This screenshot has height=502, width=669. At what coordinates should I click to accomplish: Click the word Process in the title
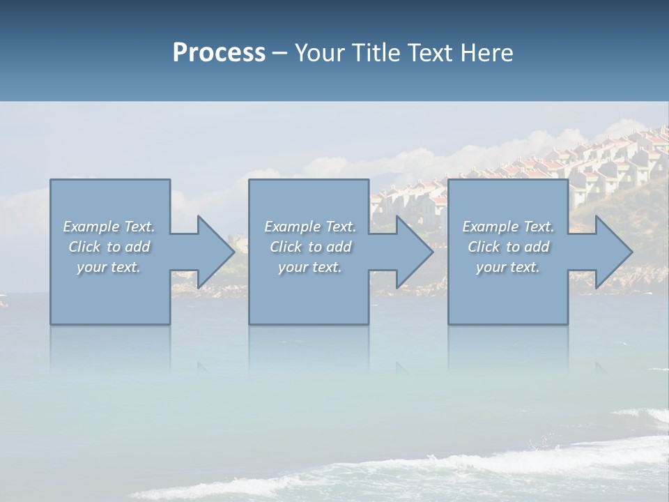(x=219, y=53)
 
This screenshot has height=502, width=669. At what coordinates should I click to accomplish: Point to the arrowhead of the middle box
(x=413, y=252)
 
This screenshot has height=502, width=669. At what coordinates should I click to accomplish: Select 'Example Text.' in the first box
(x=109, y=227)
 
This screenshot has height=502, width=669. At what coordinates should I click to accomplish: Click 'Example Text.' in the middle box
(x=310, y=227)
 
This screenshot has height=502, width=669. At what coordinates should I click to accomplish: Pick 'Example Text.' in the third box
(x=508, y=227)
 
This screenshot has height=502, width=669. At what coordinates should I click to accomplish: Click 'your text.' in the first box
(x=109, y=267)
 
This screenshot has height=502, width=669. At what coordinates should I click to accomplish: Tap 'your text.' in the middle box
(x=310, y=267)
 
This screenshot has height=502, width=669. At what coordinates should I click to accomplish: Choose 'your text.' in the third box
(x=508, y=267)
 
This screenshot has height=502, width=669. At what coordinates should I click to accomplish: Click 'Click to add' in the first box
(x=109, y=247)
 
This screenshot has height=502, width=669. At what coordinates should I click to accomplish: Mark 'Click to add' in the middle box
(x=310, y=247)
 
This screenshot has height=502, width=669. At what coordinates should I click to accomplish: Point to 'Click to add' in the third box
(x=508, y=247)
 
